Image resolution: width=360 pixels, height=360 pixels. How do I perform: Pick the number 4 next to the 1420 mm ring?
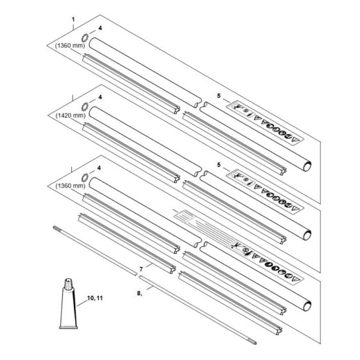click(x=100, y=97)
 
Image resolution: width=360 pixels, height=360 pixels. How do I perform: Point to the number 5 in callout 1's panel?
click(x=219, y=96)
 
